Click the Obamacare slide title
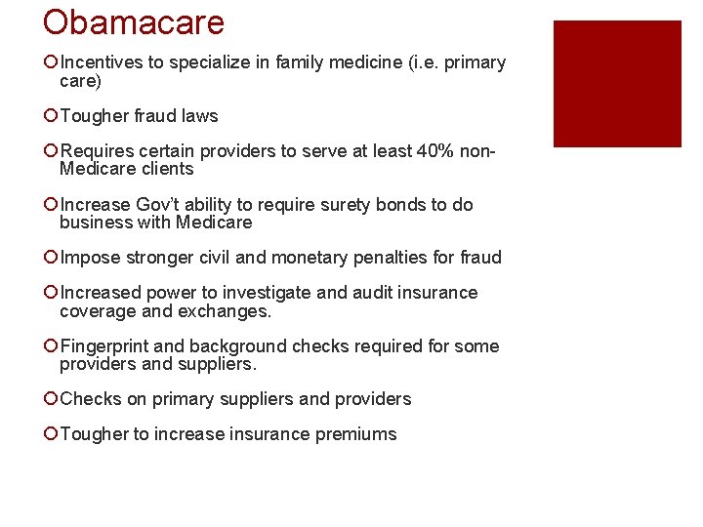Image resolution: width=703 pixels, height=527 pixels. [134, 22]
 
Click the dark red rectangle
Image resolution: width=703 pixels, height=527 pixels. [616, 84]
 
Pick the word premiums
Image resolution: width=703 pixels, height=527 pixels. [356, 434]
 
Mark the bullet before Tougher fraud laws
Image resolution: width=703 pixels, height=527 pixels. [51, 116]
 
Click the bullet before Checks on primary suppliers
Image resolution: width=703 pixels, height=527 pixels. [51, 399]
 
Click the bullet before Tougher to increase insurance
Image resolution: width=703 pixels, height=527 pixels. [51, 434]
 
